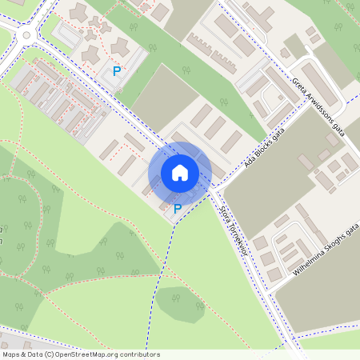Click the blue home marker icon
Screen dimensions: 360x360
(180, 173)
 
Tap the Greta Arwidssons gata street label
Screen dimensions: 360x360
(318, 107)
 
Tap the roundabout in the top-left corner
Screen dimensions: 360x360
(24, 34)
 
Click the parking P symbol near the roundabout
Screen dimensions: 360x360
(117, 71)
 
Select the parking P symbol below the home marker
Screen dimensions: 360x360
(178, 209)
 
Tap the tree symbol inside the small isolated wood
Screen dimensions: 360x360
(178, 301)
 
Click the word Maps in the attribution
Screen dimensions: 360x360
(11, 354)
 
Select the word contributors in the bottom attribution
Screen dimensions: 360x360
(138, 354)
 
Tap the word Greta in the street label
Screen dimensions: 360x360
(298, 85)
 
